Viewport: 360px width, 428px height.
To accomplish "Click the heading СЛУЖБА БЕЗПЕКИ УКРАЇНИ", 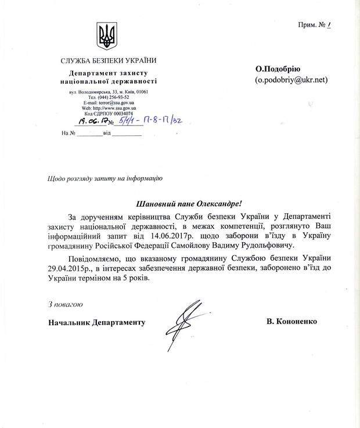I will click(x=109, y=60).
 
